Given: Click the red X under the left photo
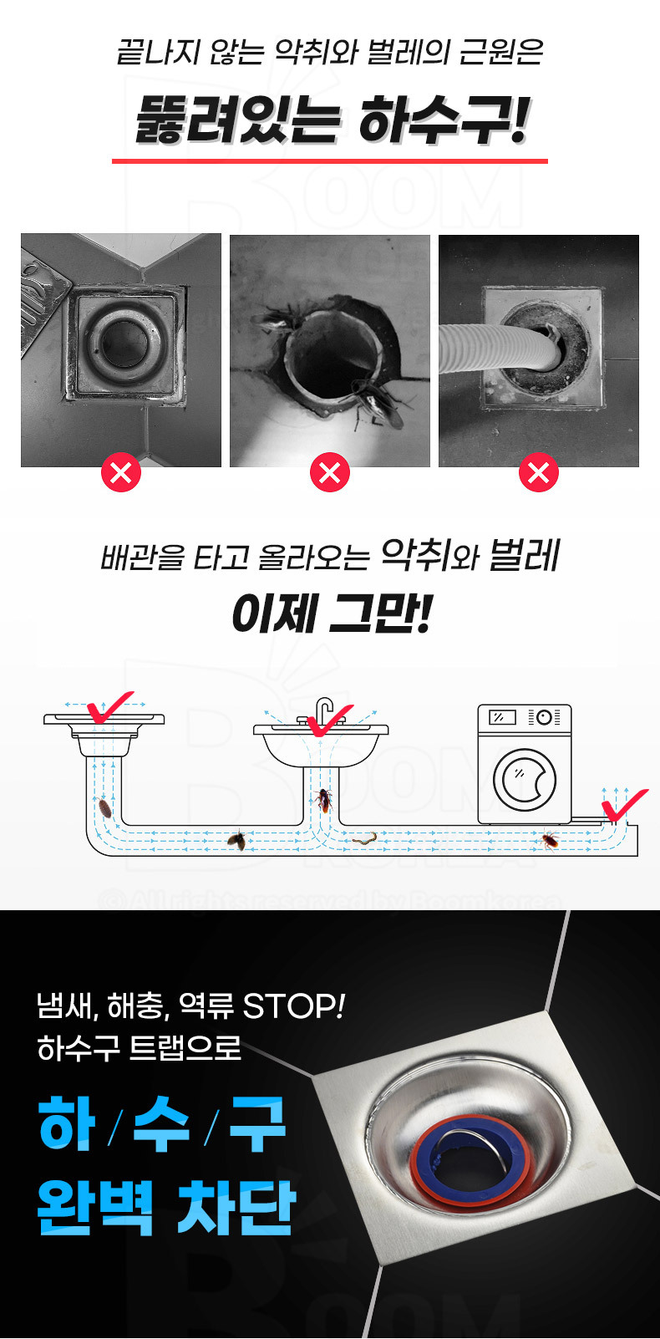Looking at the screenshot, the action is pos(121,473).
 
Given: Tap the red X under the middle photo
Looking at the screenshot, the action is pos(330,473).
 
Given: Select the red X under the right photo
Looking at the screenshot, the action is pos(539,473).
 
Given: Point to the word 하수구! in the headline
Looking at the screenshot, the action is pos(444,120).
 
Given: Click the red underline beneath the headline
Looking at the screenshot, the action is pos(330,160).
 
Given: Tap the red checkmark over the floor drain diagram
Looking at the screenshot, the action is pos(109,707).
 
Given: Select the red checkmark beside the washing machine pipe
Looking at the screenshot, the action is pos(623,805).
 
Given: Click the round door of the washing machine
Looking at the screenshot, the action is pos(525,780).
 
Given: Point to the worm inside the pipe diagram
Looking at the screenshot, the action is pos(364,838).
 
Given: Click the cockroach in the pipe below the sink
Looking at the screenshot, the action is pos(323,801).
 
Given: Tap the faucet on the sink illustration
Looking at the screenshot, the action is pos(323,710).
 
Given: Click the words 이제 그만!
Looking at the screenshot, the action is pos(331,614).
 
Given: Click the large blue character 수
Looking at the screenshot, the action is pos(162,1124).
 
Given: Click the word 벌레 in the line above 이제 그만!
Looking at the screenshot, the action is pos(525,555).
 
